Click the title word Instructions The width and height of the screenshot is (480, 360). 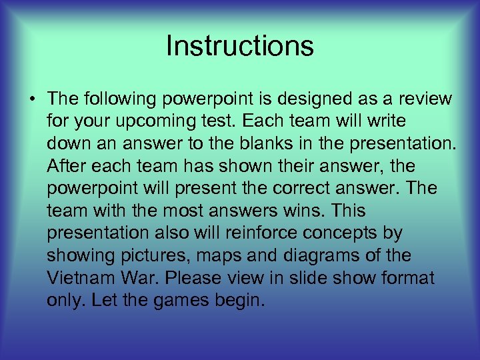239,46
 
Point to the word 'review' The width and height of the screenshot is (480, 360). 425,100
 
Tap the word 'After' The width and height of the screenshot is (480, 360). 65,166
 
